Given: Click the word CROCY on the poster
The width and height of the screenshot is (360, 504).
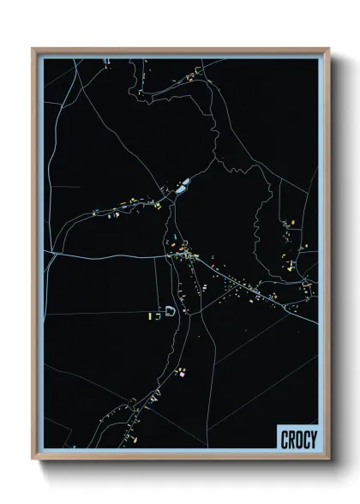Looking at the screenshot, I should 298,440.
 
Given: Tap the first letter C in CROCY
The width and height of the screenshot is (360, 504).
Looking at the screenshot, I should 285,440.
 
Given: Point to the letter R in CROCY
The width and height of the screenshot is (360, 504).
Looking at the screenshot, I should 291,440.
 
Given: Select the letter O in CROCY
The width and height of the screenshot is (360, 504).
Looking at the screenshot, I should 298,440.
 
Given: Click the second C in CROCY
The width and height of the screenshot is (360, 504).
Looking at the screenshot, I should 305,440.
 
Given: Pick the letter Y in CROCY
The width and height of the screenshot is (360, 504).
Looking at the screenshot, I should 313,440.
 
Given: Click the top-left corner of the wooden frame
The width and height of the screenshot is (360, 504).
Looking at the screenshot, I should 33,49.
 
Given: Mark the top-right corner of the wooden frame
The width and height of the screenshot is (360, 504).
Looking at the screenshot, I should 328,49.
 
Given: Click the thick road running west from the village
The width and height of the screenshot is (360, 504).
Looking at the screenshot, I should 103,255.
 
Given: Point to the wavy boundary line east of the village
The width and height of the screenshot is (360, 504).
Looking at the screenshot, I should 256,214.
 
